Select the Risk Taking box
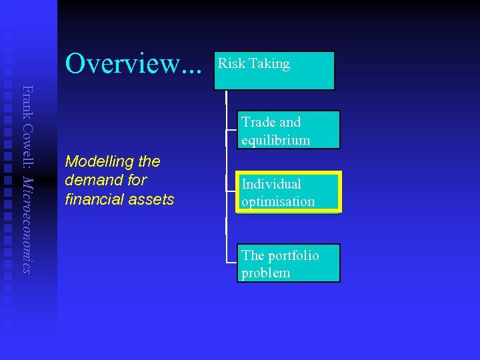point(274,71)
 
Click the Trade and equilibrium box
point(288,129)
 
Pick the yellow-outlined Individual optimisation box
point(288,192)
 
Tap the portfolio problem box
point(288,263)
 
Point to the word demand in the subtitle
point(98,180)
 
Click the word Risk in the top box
point(231,64)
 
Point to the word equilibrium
point(276,140)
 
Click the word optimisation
point(278,201)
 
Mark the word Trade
point(258,122)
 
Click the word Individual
point(271,184)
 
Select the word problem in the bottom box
point(266,273)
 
